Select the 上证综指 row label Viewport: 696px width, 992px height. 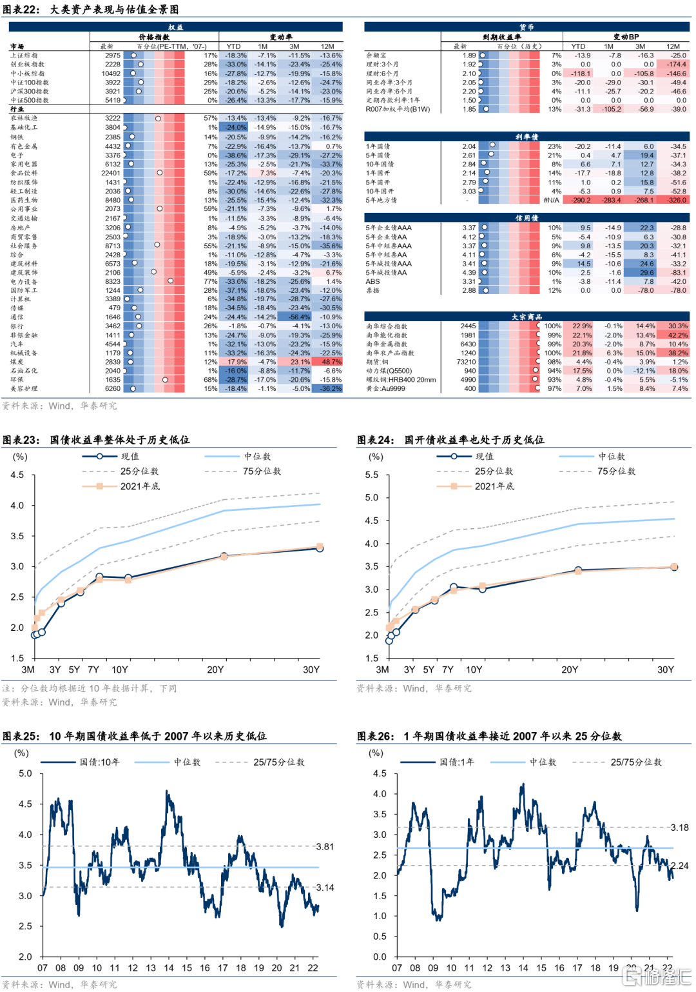click(x=24, y=55)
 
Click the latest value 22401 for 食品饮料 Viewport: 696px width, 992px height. click(x=111, y=173)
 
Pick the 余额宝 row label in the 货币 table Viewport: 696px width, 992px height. click(x=376, y=55)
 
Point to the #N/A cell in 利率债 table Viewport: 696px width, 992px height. click(x=551, y=200)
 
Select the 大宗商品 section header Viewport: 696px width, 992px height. click(x=527, y=317)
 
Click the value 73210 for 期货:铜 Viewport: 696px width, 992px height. click(x=466, y=362)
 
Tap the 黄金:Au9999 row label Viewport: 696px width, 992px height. click(x=385, y=388)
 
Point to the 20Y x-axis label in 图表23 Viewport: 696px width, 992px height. click(x=215, y=670)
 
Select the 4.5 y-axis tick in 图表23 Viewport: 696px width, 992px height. click(x=17, y=475)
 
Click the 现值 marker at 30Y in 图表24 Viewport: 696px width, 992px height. click(x=674, y=567)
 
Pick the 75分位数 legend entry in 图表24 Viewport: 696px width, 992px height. click(x=616, y=471)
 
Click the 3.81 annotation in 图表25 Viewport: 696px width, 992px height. click(x=325, y=846)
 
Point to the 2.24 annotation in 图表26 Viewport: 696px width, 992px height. click(x=679, y=866)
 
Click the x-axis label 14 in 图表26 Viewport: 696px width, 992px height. click(x=523, y=967)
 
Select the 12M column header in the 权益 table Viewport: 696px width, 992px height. click(x=327, y=46)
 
